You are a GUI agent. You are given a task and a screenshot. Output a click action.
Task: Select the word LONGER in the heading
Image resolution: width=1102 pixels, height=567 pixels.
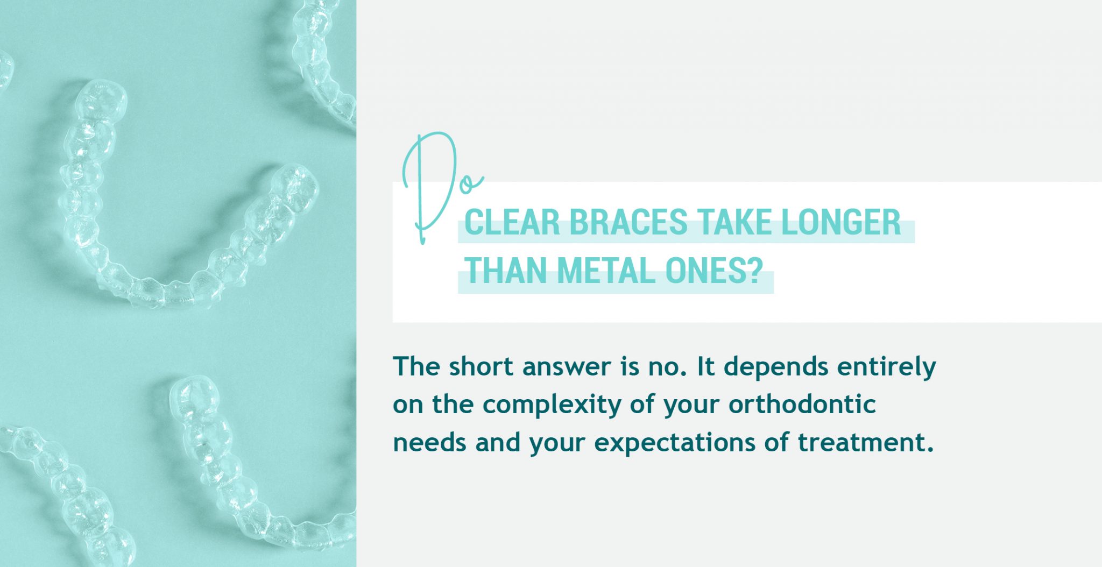tap(840, 222)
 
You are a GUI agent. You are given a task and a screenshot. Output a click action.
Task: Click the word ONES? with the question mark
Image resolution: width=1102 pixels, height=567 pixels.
tap(714, 271)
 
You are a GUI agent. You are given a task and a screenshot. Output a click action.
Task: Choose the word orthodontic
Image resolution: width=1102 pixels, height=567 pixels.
tap(802, 405)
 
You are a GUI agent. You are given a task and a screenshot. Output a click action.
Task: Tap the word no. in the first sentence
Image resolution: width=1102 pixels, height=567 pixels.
tap(665, 367)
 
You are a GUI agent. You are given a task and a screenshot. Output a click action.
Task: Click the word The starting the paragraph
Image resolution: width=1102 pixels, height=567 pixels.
tap(417, 367)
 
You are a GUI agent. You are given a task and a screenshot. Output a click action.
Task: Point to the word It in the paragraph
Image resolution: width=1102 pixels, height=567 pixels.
tap(705, 367)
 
